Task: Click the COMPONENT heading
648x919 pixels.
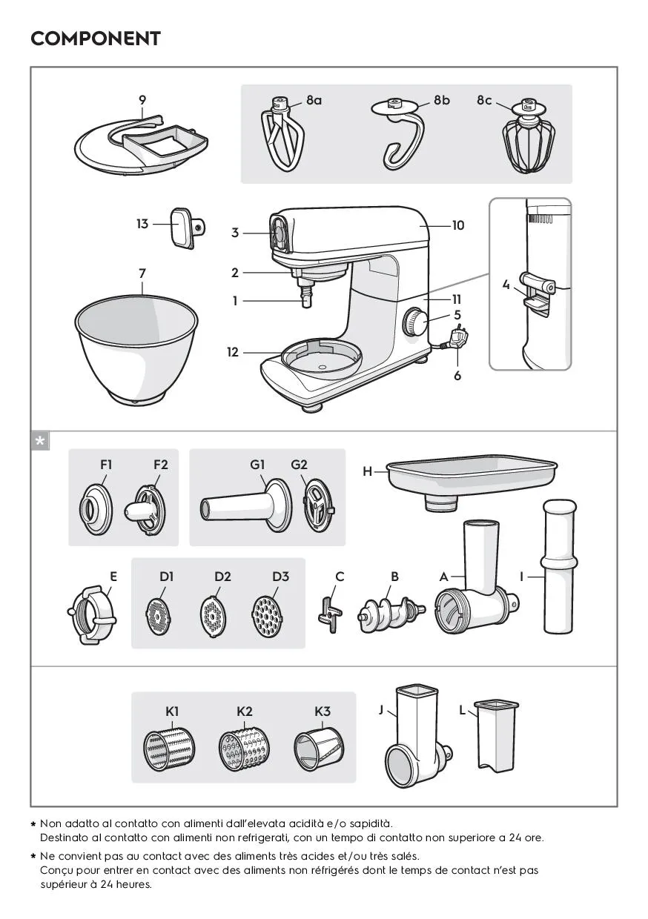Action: coord(95,39)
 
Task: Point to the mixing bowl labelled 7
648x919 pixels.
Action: coord(136,350)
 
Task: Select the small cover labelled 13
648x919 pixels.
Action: coord(187,228)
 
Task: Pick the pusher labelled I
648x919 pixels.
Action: coord(560,566)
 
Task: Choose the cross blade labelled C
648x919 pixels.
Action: coord(330,614)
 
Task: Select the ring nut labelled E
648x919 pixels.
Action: coord(92,614)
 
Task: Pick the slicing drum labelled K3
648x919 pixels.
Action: coord(320,749)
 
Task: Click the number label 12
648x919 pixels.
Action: coord(233,352)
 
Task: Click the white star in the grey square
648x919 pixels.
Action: coord(40,441)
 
